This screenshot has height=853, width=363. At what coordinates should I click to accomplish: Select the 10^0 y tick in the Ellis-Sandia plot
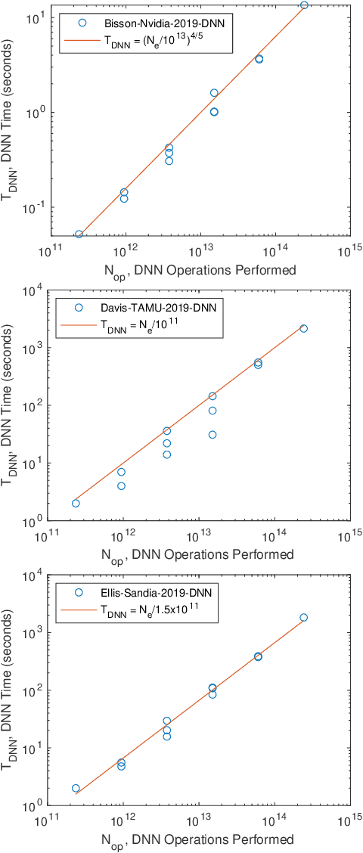[34, 806]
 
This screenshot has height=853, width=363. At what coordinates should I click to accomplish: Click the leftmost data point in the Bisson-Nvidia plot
[79, 234]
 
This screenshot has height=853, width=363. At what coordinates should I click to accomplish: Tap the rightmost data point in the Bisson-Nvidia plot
[304, 5]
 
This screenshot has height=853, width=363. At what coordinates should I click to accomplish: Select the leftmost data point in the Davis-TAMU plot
[76, 503]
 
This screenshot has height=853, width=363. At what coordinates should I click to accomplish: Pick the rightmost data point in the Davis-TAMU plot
[304, 328]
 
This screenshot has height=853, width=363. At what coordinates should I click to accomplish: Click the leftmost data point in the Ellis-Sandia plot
[76, 788]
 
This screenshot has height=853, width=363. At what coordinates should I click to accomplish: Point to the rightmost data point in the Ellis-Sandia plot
[304, 617]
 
